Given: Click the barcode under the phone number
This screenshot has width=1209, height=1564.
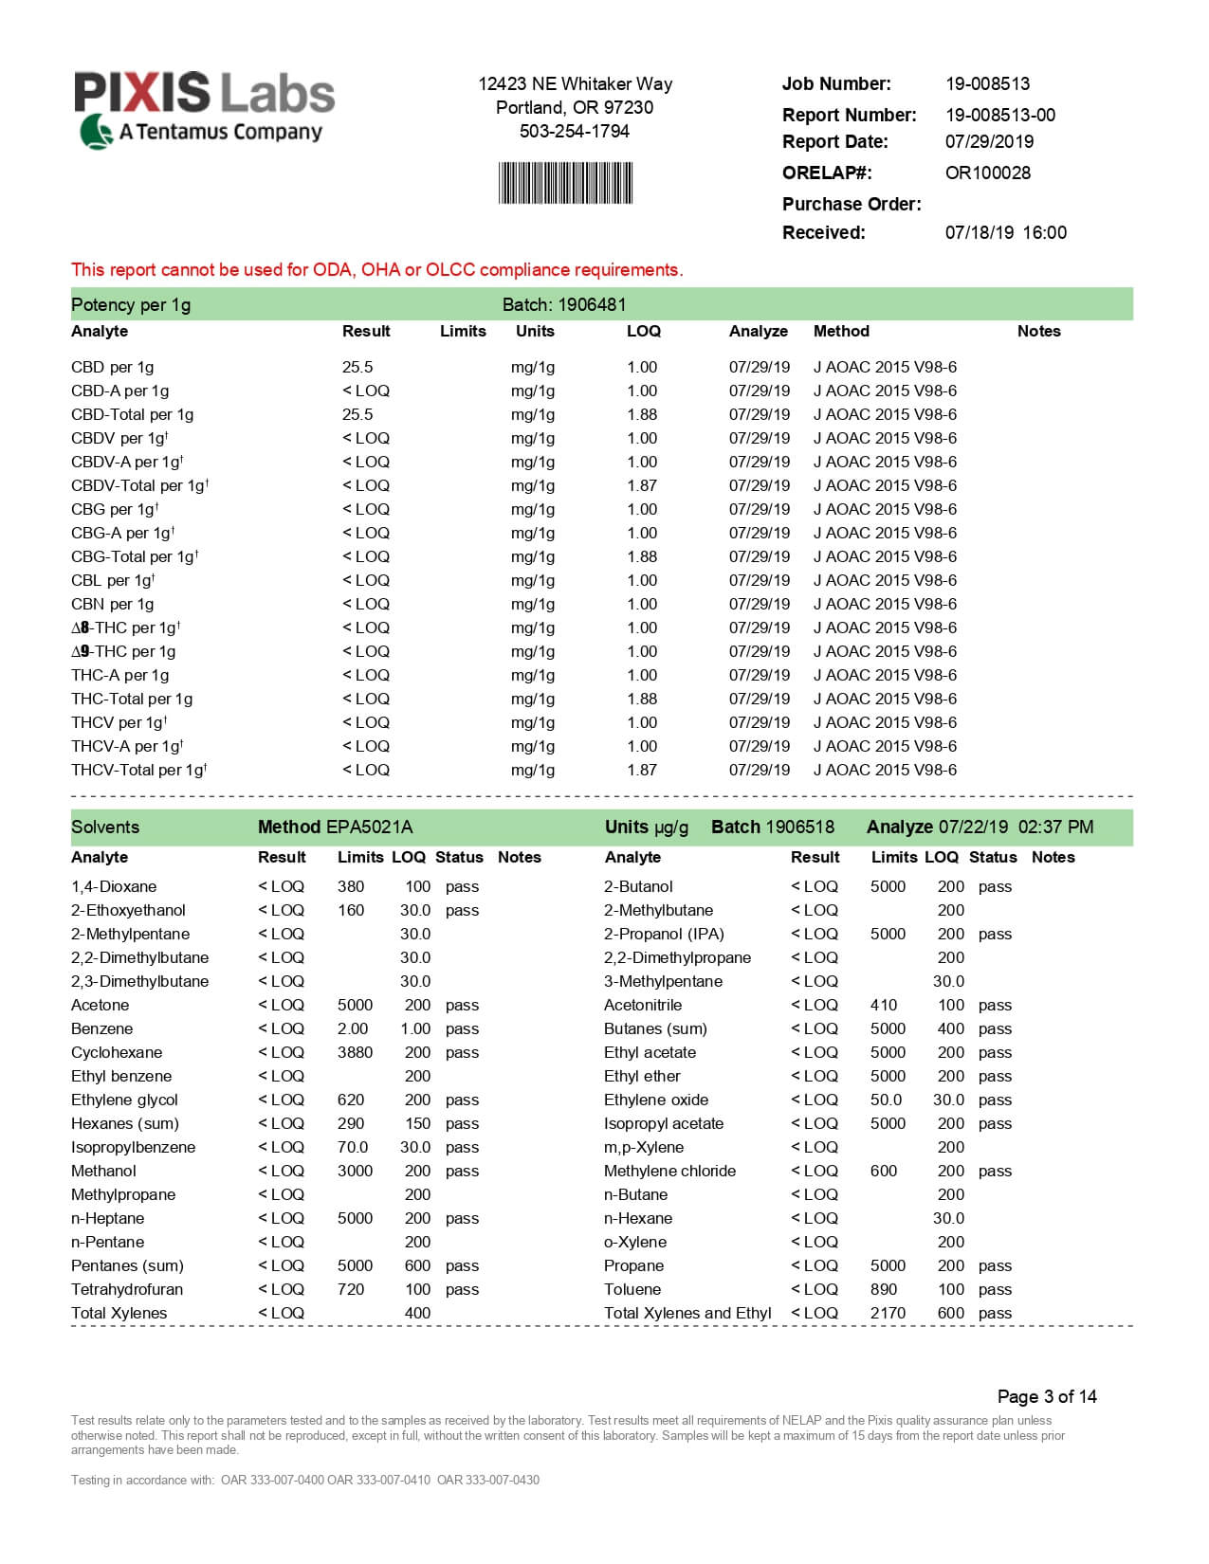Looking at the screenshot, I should (x=565, y=183).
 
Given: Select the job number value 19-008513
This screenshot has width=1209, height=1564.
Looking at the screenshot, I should (x=987, y=83).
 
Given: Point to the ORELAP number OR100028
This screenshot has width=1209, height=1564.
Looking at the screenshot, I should (x=987, y=173).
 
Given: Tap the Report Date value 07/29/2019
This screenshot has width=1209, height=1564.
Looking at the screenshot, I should (x=989, y=141).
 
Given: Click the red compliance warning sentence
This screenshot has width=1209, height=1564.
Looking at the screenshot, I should (x=376, y=270).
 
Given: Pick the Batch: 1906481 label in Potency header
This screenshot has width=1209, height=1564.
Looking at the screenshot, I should (x=564, y=304).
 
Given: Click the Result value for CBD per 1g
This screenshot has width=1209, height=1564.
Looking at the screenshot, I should (x=357, y=367).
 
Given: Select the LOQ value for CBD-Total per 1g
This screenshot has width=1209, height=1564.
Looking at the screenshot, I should (x=642, y=414).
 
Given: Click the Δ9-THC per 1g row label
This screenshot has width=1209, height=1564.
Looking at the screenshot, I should (x=123, y=651).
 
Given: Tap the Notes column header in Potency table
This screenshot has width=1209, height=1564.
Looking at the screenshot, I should (x=1038, y=331).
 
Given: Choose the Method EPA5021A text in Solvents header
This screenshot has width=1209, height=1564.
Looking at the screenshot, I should (x=335, y=827).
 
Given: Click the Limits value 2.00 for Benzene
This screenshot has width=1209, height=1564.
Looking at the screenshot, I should (x=353, y=1028).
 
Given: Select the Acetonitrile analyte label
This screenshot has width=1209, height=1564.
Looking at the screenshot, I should (x=643, y=1005).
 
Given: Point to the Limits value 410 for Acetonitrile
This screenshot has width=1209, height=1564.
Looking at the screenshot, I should (x=884, y=1005).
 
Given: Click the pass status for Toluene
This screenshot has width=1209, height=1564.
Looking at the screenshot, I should (x=995, y=1289).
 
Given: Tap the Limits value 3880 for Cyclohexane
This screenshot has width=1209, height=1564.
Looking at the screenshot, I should (x=355, y=1052).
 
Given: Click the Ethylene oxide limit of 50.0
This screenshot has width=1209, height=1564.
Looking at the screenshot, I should (x=886, y=1100).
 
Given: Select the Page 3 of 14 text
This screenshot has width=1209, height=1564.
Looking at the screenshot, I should (x=1047, y=1396).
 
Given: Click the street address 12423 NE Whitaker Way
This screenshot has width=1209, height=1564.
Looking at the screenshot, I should (x=575, y=83).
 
